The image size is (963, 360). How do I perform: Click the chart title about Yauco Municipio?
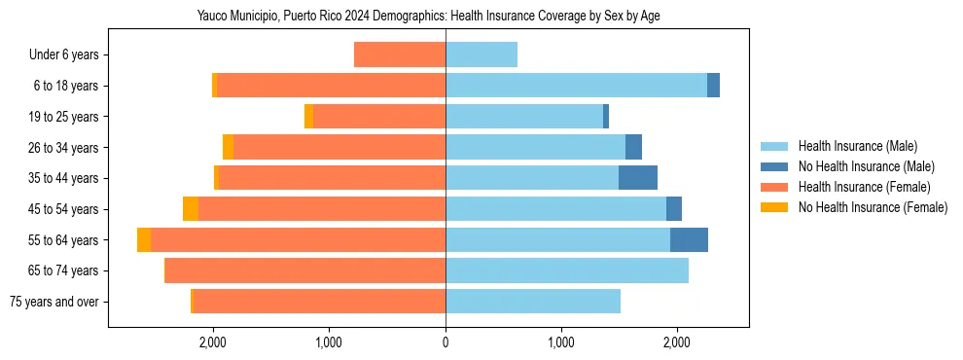pyautogui.click(x=428, y=17)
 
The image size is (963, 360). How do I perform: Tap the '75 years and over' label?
pyautogui.click(x=54, y=302)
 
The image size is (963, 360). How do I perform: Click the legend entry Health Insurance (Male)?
pyautogui.click(x=855, y=146)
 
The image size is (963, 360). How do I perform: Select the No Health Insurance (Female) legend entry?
pyautogui.click(x=872, y=207)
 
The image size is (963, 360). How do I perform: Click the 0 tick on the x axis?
pyautogui.click(x=446, y=342)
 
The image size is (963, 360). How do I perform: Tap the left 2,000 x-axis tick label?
pyautogui.click(x=213, y=342)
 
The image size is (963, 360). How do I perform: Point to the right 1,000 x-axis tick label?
pyautogui.click(x=561, y=342)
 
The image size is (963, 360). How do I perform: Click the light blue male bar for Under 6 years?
pyautogui.click(x=481, y=55)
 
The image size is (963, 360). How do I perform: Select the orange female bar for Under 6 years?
pyautogui.click(x=400, y=55)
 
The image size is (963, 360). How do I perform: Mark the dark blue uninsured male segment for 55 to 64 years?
pyautogui.click(x=689, y=240)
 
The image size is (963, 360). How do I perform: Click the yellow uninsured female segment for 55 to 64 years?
pyautogui.click(x=144, y=240)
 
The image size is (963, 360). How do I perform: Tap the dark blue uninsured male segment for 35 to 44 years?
pyautogui.click(x=638, y=178)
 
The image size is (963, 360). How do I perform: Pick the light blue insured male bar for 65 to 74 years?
pyautogui.click(x=567, y=270)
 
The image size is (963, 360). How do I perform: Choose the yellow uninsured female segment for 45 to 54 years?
pyautogui.click(x=191, y=209)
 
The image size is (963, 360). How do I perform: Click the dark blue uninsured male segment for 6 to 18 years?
pyautogui.click(x=713, y=86)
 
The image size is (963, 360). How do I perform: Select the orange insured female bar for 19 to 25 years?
pyautogui.click(x=379, y=117)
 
